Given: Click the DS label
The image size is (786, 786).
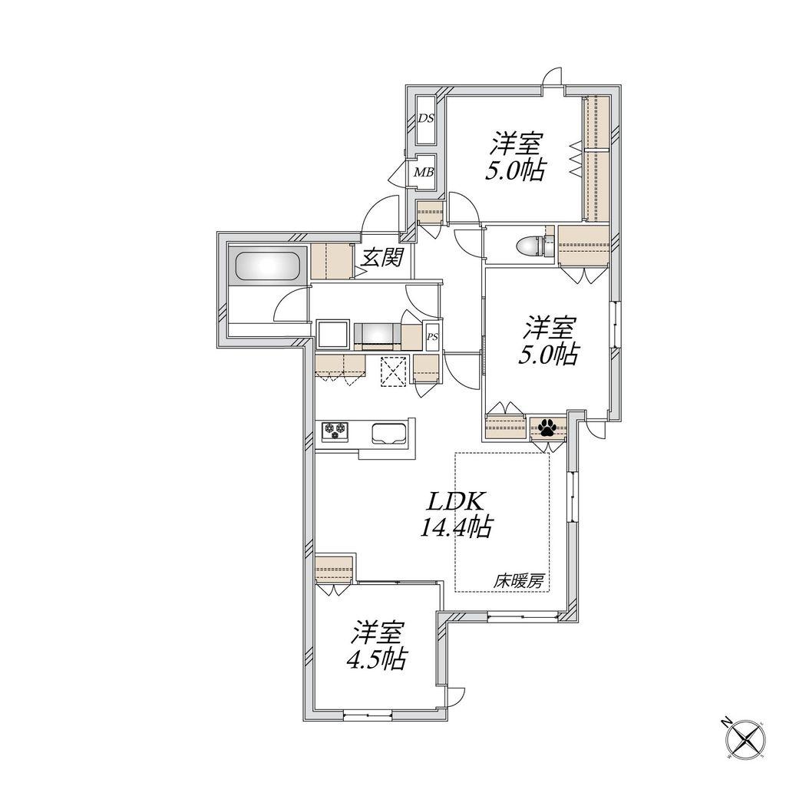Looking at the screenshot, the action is (x=426, y=119).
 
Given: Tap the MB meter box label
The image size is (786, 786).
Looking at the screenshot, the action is (x=424, y=173).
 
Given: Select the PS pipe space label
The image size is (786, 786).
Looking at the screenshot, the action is (x=432, y=337).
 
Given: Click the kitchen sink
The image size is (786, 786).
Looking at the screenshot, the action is (x=389, y=433).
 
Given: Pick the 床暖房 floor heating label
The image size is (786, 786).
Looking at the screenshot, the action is (x=520, y=582).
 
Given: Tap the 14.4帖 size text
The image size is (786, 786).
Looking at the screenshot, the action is (x=454, y=528).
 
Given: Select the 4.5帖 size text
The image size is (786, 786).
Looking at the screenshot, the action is (x=376, y=659).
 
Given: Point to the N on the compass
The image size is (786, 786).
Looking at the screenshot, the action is (x=725, y=722).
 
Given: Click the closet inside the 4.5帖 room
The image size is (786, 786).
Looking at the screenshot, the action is (x=335, y=569).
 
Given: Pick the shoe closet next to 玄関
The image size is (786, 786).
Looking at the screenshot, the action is (x=330, y=261).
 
